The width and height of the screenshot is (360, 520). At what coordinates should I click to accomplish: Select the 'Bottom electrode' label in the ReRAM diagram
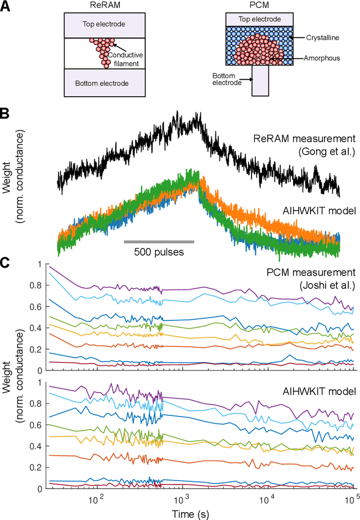pos(102,83)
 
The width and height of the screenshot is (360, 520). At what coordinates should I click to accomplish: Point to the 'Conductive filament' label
pos(128,58)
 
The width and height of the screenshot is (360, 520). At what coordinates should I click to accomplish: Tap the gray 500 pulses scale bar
pos(159,242)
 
